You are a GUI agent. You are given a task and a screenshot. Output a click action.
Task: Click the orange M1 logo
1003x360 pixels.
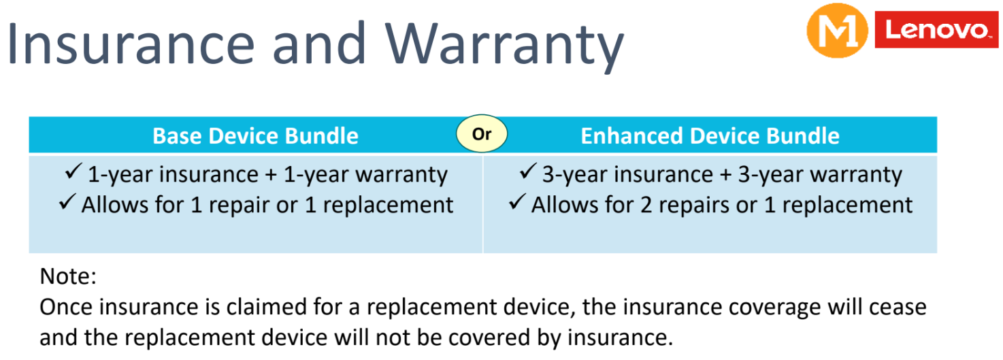(x=837, y=31)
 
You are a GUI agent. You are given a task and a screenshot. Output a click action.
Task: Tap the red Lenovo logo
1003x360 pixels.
(x=936, y=29)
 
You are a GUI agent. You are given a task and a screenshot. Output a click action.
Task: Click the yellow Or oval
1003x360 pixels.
(x=482, y=133)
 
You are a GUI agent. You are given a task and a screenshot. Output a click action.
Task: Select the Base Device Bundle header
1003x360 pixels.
(x=255, y=135)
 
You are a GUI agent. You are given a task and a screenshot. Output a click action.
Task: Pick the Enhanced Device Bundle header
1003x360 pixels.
(x=710, y=135)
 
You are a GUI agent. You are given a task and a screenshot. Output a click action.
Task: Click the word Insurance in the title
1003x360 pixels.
(x=130, y=44)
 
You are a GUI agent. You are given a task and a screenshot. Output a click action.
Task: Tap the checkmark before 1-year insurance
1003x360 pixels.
(x=73, y=171)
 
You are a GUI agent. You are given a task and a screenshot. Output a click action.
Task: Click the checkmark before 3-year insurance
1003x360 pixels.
(x=528, y=171)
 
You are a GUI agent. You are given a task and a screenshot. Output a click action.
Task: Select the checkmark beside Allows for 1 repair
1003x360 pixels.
(x=67, y=201)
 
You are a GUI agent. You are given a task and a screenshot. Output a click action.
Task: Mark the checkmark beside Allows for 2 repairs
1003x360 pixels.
(x=516, y=201)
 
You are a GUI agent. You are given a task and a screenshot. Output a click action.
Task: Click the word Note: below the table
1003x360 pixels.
(x=68, y=276)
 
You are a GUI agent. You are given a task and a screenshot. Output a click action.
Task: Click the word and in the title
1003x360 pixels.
(x=319, y=44)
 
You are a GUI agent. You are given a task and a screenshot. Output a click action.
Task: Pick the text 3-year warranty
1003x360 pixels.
(x=820, y=175)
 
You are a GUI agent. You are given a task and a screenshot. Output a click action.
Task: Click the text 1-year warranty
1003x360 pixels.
(x=365, y=175)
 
